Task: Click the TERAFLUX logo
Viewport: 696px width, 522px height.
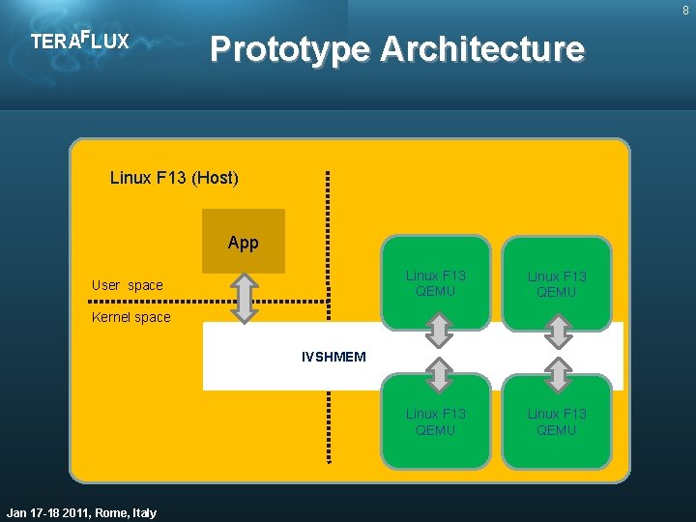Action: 79,42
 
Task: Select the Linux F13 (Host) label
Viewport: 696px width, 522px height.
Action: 174,178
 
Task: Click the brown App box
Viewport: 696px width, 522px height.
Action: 244,241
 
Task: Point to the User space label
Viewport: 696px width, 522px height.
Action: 127,285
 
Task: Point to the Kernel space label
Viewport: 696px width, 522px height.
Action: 130,317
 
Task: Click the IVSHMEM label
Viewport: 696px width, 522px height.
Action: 333,357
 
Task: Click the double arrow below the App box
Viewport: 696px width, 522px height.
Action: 245,297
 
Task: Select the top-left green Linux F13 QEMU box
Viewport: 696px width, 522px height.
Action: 435,281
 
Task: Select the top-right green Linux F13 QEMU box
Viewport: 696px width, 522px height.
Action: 556,283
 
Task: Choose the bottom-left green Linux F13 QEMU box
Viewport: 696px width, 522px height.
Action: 435,421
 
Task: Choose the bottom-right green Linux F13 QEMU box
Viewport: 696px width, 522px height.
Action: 556,421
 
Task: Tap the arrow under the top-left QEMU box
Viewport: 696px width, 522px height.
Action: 440,332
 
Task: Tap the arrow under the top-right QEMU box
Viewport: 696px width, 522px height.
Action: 558,332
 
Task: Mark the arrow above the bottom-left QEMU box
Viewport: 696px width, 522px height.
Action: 440,373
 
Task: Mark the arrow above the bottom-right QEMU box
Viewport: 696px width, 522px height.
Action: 558,373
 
